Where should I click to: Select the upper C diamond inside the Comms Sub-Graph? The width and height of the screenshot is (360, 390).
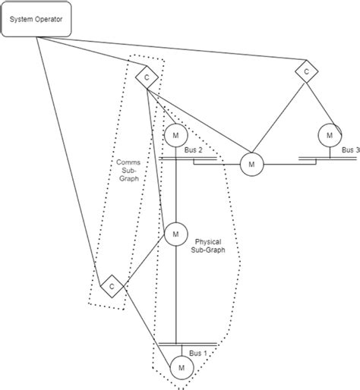pos(145,77)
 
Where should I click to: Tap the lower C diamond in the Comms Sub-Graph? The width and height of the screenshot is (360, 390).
pos(112,286)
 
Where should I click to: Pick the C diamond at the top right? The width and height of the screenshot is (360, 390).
pos(305,71)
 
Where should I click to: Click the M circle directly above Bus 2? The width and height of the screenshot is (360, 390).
pos(175,135)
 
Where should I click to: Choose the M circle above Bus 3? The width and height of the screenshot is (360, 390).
pos(329,135)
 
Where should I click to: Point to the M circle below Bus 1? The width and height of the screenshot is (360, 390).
pos(181,368)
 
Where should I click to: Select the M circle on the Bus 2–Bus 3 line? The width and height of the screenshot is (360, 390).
pos(250,162)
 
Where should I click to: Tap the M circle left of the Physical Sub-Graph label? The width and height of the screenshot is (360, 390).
pos(175,234)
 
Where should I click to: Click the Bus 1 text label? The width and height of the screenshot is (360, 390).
pos(198,354)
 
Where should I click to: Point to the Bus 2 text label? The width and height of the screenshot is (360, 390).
pos(193,151)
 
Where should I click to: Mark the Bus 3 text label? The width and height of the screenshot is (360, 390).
pos(350,151)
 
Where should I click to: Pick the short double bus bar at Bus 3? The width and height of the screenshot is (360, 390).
pos(307,159)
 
